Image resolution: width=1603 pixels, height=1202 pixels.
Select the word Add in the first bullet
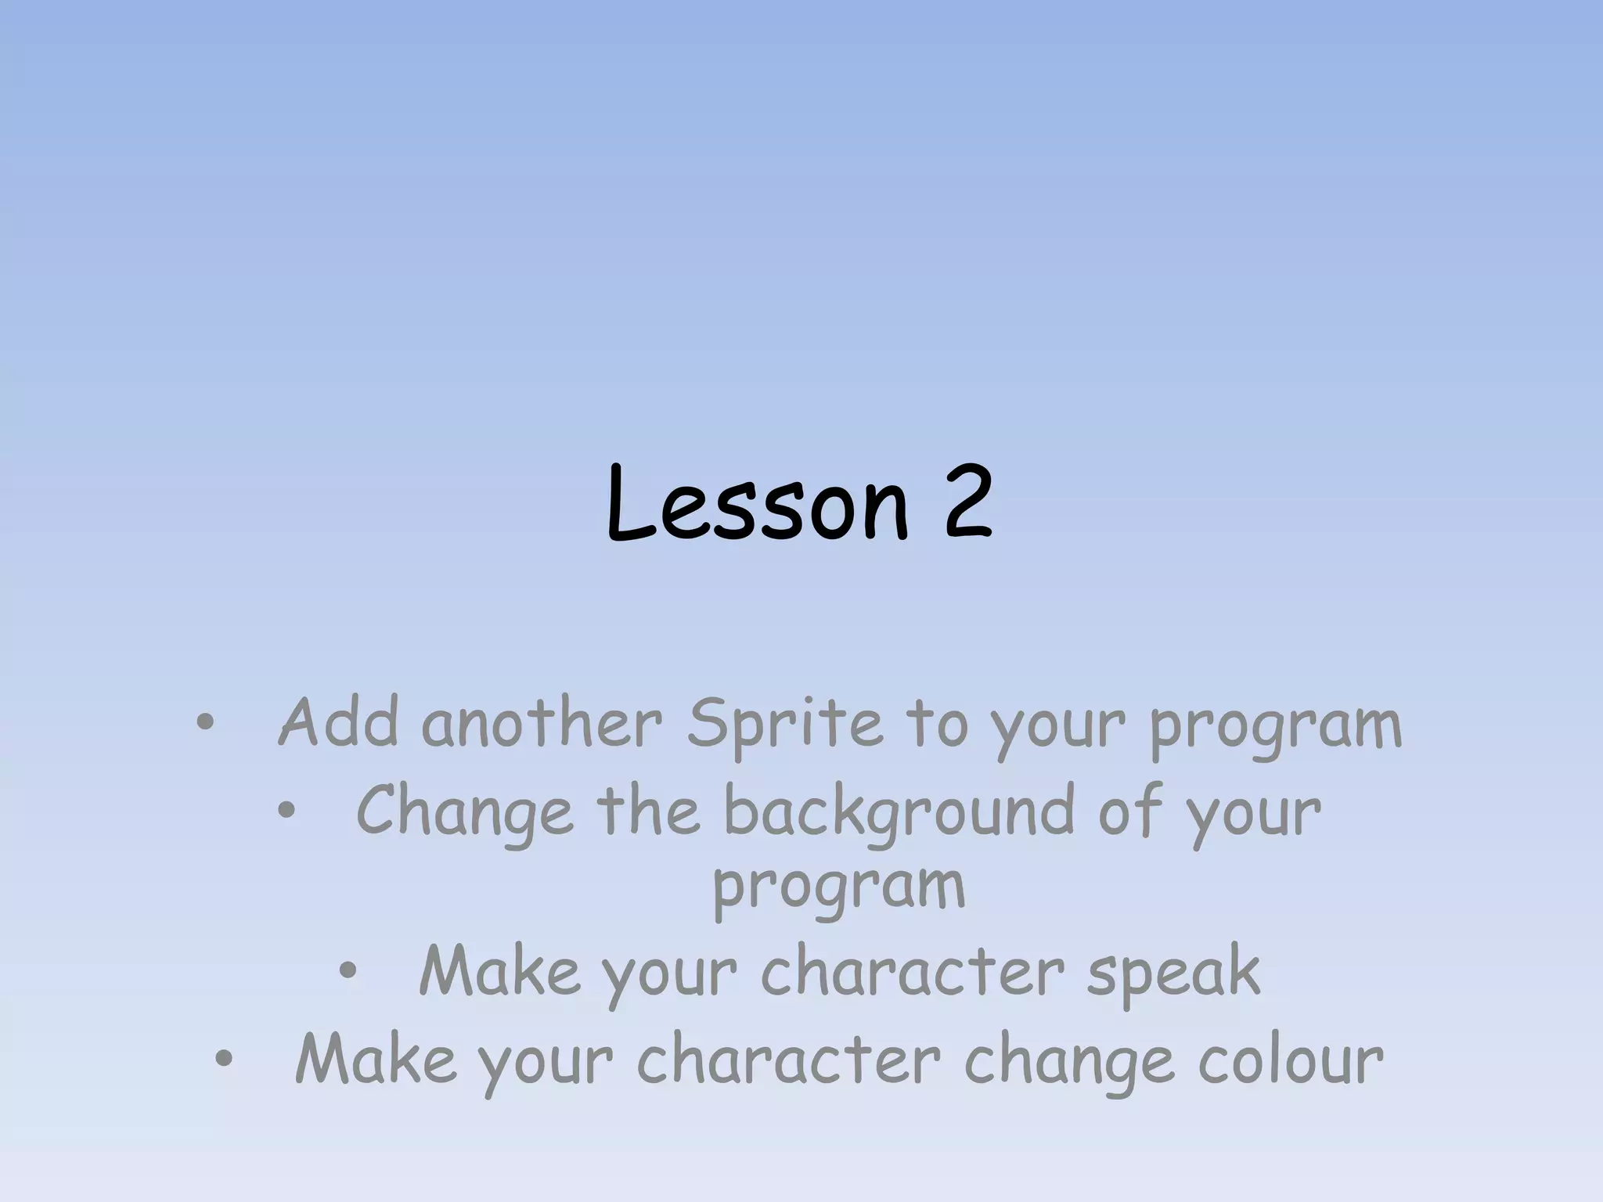click(338, 723)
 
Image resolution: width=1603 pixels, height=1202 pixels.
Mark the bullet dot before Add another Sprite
click(204, 724)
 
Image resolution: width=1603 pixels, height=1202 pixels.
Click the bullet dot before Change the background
click(286, 812)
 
